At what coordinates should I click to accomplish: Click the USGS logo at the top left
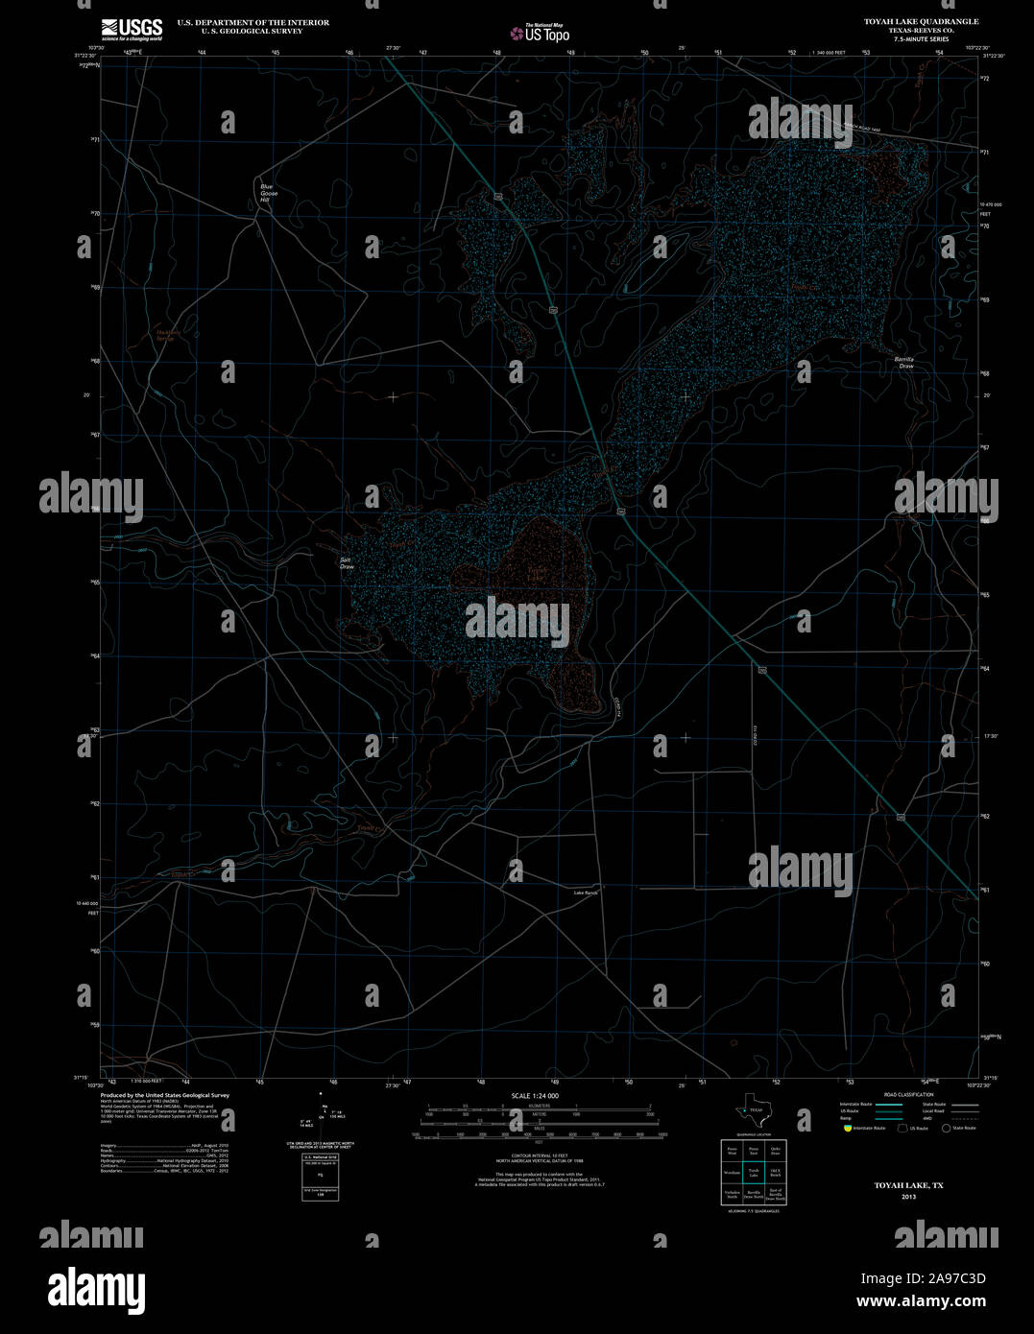[132, 28]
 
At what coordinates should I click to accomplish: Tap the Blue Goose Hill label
[268, 193]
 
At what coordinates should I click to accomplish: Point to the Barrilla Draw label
[905, 362]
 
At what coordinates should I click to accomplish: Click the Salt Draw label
[347, 563]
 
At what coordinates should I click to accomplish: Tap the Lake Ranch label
[586, 893]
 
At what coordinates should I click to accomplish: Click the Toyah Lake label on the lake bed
[536, 574]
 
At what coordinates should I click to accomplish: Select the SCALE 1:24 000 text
[535, 1095]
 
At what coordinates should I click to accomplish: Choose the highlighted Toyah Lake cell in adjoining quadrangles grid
[754, 1172]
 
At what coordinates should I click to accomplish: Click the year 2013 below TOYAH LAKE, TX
[909, 1197]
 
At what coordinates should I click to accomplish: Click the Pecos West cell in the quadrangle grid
[732, 1150]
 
